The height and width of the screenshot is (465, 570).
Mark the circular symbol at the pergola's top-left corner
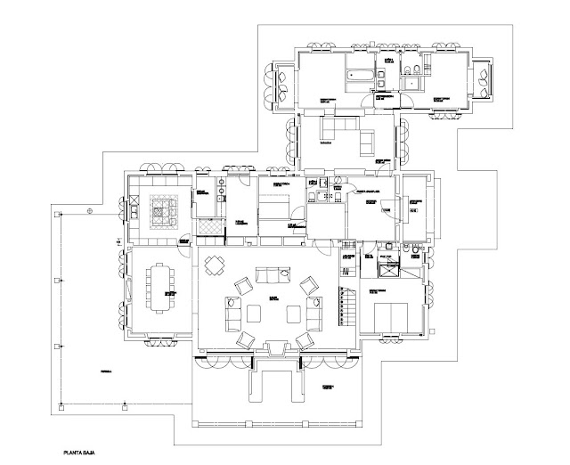pyautogui.click(x=89, y=211)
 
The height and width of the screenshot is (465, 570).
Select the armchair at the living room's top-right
pyautogui.click(x=308, y=285)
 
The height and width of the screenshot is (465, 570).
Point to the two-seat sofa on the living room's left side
pyautogui.click(x=227, y=313)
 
